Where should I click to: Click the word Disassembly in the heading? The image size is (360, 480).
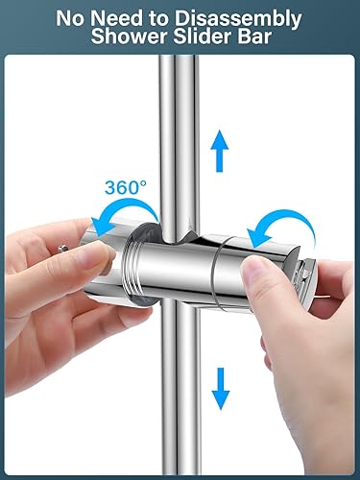238,19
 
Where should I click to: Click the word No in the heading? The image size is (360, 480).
71,18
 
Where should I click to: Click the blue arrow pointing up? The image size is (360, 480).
220,151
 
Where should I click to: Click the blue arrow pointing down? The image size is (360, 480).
221,388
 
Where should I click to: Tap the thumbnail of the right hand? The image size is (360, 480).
253,272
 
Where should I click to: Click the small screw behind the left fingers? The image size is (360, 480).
63,248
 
